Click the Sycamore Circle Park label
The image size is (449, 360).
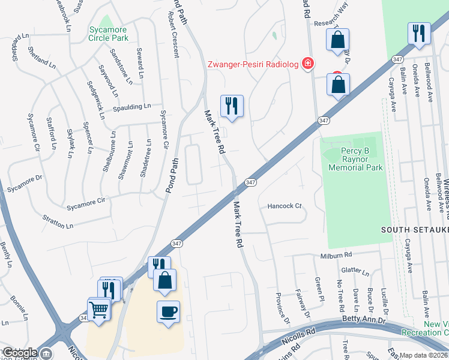pyautogui.click(x=109, y=34)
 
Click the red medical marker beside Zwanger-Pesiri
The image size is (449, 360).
pyautogui.click(x=308, y=63)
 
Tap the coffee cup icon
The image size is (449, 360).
pyautogui.click(x=168, y=311)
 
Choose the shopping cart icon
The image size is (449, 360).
pyautogui.click(x=99, y=309)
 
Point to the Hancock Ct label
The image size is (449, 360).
pyautogui.click(x=285, y=206)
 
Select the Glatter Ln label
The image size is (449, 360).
pyautogui.click(x=358, y=271)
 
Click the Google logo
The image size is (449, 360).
pyautogui.click(x=20, y=353)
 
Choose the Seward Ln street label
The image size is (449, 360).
pyautogui.click(x=140, y=63)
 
